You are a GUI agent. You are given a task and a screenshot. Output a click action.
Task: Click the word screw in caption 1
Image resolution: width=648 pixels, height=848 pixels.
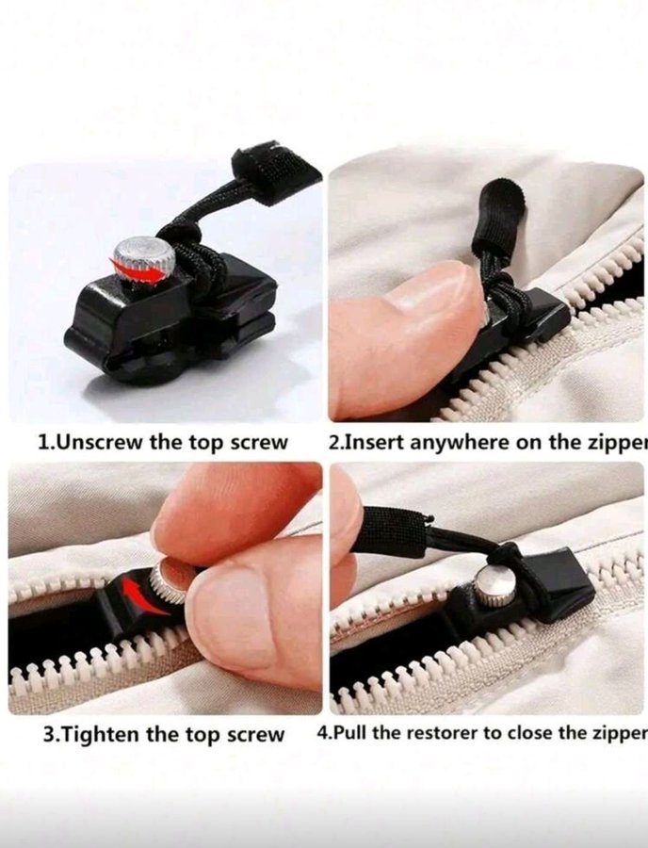coord(259,444)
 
